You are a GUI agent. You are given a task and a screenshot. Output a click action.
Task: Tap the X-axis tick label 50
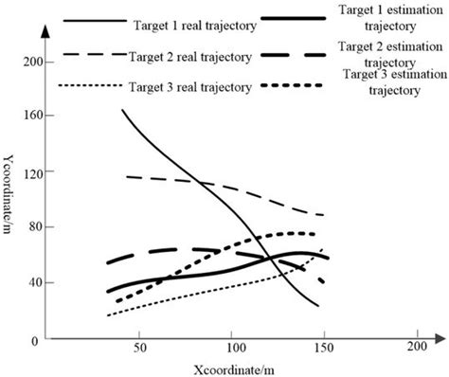pyautogui.click(x=139, y=347)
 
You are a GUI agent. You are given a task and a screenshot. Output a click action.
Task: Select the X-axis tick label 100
pyautogui.click(x=231, y=347)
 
